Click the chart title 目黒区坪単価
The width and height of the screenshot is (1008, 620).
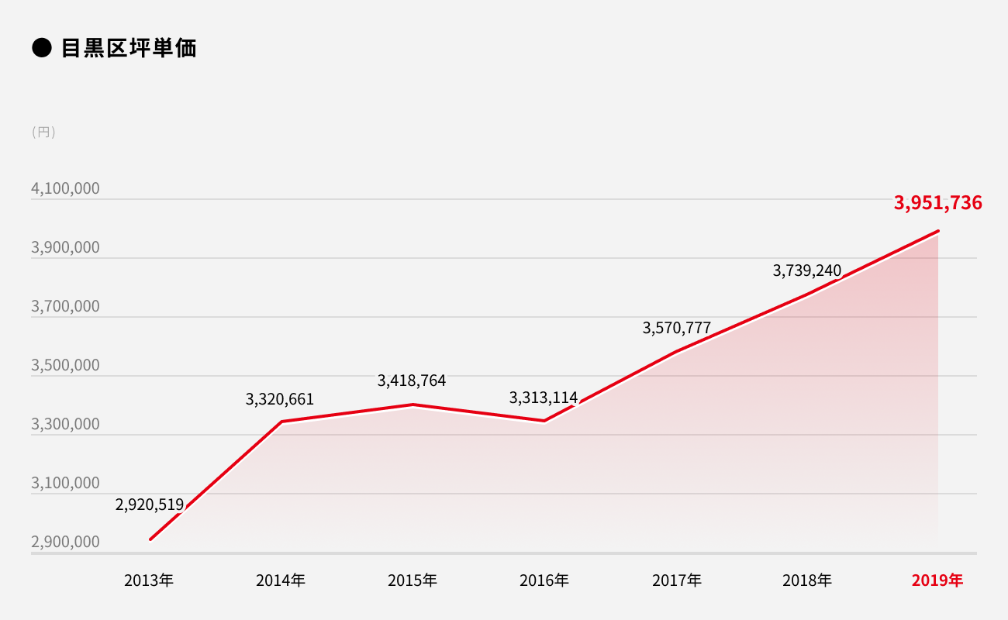(129, 48)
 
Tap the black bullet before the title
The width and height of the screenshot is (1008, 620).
(41, 48)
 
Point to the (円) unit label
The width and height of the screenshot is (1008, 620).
(43, 132)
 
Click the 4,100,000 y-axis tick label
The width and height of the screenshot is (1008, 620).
(65, 188)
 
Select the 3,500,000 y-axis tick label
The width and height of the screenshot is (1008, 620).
(65, 365)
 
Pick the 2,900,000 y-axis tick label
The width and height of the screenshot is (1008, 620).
(65, 542)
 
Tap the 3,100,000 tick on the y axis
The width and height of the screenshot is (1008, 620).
(65, 483)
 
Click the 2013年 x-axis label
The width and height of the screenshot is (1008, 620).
(149, 580)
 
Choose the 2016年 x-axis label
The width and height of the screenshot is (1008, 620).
(544, 580)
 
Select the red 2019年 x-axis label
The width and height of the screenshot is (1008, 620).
(937, 580)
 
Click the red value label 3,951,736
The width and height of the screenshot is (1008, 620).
(937, 203)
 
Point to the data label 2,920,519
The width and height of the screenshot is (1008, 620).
(150, 505)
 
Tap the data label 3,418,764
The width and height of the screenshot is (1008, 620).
(412, 381)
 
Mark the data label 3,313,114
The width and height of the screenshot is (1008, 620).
(544, 398)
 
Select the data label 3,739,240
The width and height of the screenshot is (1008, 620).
(807, 270)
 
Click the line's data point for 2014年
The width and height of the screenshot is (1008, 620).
(281, 422)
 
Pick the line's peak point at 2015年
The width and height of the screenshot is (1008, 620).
(413, 405)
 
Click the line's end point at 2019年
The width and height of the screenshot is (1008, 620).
(938, 231)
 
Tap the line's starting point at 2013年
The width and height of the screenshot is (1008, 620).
(150, 539)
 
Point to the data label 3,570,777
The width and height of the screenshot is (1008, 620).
(677, 328)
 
